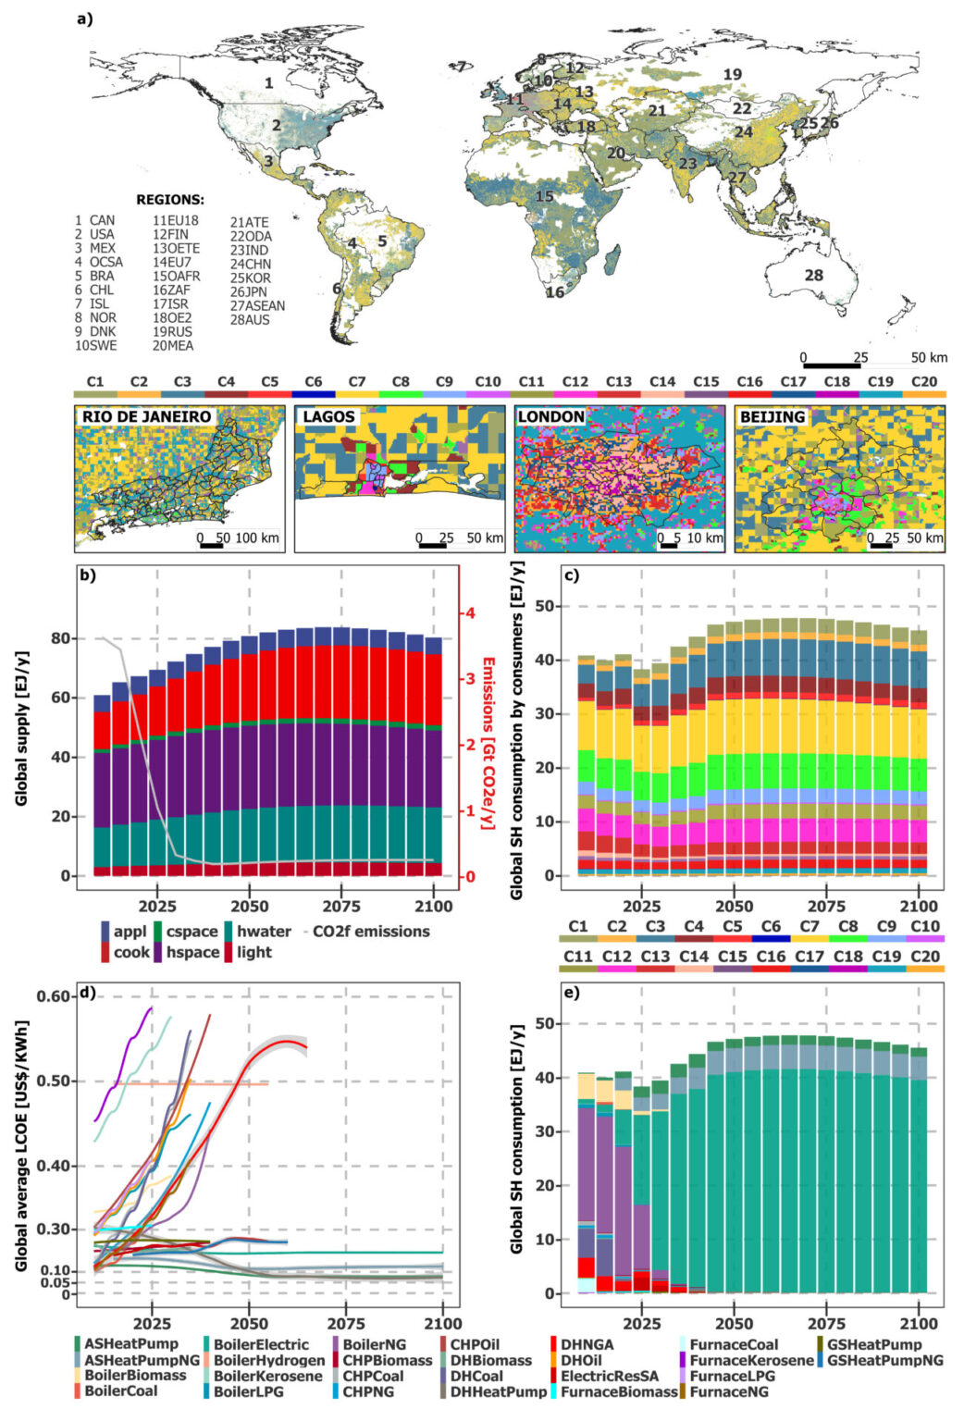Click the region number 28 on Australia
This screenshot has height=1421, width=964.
pos(813,275)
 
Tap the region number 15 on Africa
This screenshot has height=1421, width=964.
pos(544,196)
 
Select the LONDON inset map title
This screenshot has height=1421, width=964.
pos(550,417)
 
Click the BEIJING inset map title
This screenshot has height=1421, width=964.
pos(772,417)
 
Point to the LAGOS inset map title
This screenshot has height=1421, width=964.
pos(329,417)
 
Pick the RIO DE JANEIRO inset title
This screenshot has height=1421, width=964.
pos(146,417)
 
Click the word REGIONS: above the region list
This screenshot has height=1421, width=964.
pos(170,200)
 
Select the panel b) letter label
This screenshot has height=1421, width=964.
pos(88,575)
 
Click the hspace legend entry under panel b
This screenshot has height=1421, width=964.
pos(192,952)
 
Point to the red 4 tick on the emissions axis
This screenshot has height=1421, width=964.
pos(470,613)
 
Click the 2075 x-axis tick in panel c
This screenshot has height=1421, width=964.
pos(826,906)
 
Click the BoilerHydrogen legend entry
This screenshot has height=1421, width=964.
pos(261,1360)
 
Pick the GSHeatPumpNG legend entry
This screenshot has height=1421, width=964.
pos(884,1360)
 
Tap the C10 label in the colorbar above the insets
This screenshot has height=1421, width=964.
pos(488,381)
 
